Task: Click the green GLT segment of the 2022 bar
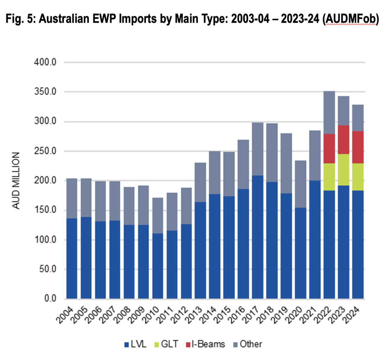pos(329,177)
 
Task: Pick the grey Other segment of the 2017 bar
pos(257,149)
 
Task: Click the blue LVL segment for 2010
pos(157,266)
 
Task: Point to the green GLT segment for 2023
pos(343,170)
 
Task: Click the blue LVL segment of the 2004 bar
pos(72,258)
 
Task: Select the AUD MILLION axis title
pos(16,181)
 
